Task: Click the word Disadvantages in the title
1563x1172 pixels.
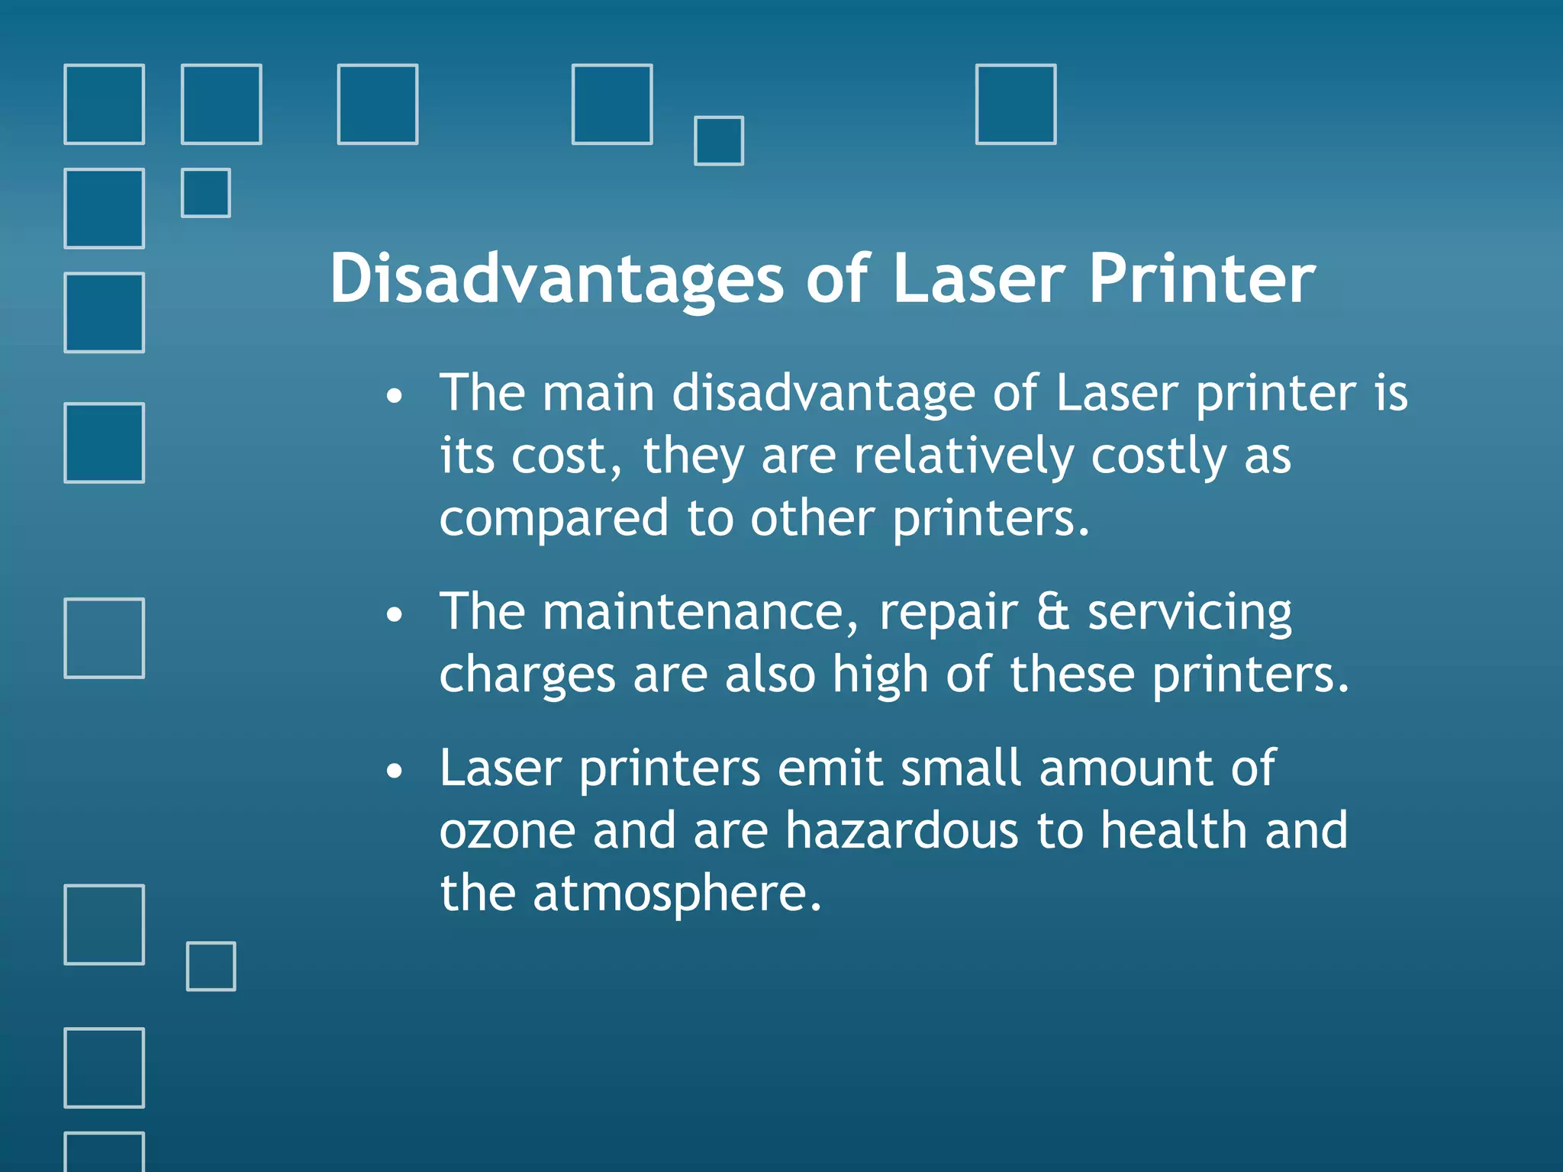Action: (x=556, y=279)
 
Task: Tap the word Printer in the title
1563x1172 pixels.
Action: (x=1202, y=279)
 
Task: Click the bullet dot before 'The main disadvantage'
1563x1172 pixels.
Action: (x=394, y=397)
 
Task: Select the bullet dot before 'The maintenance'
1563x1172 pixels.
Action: (x=394, y=615)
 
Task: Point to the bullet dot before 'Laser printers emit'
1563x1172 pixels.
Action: (x=394, y=771)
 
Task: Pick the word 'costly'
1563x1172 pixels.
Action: (x=1159, y=456)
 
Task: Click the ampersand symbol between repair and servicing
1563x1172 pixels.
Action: (x=1052, y=612)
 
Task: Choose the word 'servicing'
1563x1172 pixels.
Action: (x=1190, y=613)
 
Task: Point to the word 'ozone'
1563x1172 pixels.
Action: (x=508, y=831)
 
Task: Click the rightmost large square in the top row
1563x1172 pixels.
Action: (x=1016, y=105)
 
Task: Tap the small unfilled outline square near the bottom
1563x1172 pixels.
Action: (x=211, y=966)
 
